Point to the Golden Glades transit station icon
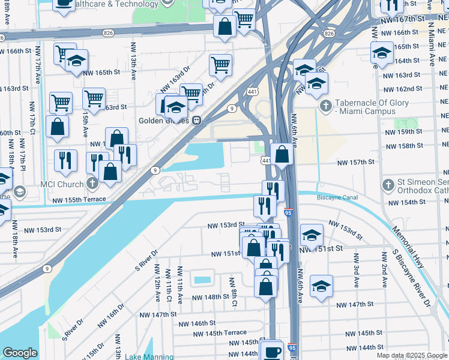196,119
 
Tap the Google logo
20,353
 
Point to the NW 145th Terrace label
220,332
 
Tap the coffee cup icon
272,350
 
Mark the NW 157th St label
355,163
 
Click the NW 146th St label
196,323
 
